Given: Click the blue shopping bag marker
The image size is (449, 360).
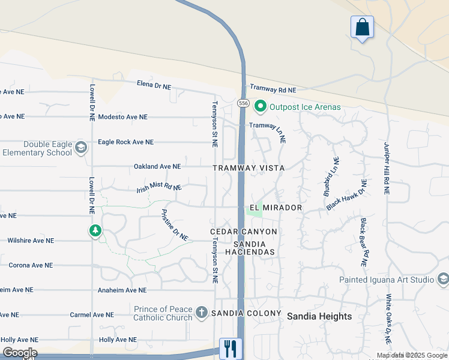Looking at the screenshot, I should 362,28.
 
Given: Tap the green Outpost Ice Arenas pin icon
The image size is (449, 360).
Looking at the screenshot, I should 261,107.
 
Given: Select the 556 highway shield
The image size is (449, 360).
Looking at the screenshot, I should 243,103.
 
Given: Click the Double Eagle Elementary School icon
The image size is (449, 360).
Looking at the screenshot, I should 80,147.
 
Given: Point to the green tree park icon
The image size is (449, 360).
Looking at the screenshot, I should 95,230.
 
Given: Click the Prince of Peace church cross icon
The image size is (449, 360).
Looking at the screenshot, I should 202,313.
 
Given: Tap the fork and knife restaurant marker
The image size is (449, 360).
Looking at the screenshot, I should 231,348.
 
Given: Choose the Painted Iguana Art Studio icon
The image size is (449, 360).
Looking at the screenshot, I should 444,279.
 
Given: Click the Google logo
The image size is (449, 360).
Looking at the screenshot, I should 20,353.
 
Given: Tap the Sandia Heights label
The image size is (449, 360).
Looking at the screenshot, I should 319,316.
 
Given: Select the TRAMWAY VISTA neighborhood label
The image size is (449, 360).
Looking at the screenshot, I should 249,168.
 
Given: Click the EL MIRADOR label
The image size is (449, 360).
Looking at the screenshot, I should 276,208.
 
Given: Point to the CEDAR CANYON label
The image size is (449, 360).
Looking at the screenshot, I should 244,232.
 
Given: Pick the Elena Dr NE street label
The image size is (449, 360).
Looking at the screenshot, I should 154,86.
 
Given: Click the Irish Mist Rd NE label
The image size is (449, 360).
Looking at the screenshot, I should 159,188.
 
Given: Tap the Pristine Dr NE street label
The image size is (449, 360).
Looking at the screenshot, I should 175,224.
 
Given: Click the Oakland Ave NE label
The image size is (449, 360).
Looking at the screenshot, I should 157,166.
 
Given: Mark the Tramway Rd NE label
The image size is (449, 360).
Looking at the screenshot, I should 273,89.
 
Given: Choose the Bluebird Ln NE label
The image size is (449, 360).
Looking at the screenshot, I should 331,177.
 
